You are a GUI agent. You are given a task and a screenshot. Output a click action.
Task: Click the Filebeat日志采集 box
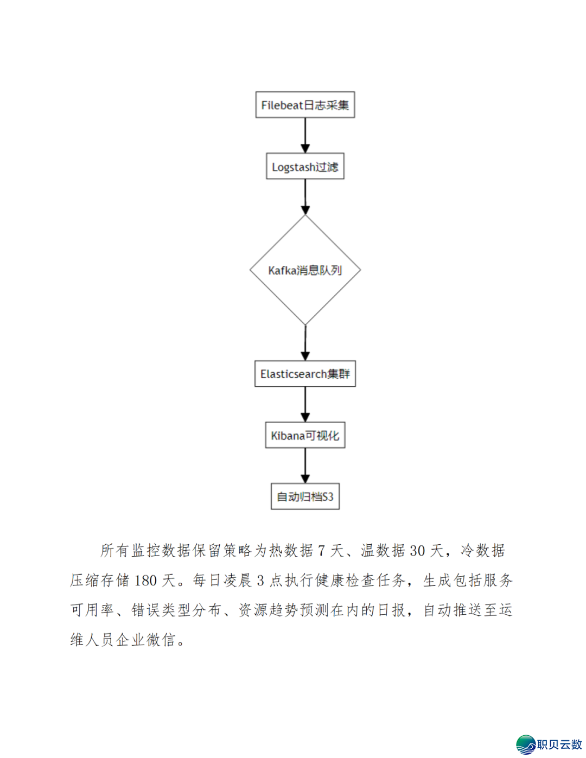click(305, 105)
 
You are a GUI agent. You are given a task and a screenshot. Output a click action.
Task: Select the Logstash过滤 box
click(305, 167)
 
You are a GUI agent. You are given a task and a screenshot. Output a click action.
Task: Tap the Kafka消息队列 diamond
click(305, 270)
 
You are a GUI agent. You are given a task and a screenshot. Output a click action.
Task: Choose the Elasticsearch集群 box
click(305, 374)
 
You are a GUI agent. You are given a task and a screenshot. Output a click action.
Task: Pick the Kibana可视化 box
click(305, 435)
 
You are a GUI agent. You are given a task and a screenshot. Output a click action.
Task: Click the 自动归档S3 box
click(305, 496)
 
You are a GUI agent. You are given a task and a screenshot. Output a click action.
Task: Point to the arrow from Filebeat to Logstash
click(305, 135)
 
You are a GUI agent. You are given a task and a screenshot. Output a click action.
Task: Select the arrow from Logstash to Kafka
click(305, 196)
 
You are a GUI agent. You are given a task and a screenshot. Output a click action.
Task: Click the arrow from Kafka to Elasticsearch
click(305, 342)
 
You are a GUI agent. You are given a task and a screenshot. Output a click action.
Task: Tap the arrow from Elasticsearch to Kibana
click(305, 404)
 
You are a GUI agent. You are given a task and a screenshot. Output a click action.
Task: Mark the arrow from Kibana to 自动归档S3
click(305, 466)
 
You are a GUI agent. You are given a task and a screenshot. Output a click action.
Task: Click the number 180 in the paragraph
click(145, 581)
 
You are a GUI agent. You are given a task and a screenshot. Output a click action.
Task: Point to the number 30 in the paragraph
click(417, 551)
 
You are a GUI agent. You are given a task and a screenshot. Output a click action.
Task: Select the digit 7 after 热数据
click(321, 551)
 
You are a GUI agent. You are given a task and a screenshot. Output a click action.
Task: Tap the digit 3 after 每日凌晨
click(260, 581)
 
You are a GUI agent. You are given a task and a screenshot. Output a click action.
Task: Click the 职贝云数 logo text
click(559, 744)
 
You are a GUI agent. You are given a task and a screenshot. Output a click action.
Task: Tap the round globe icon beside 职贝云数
click(526, 744)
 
